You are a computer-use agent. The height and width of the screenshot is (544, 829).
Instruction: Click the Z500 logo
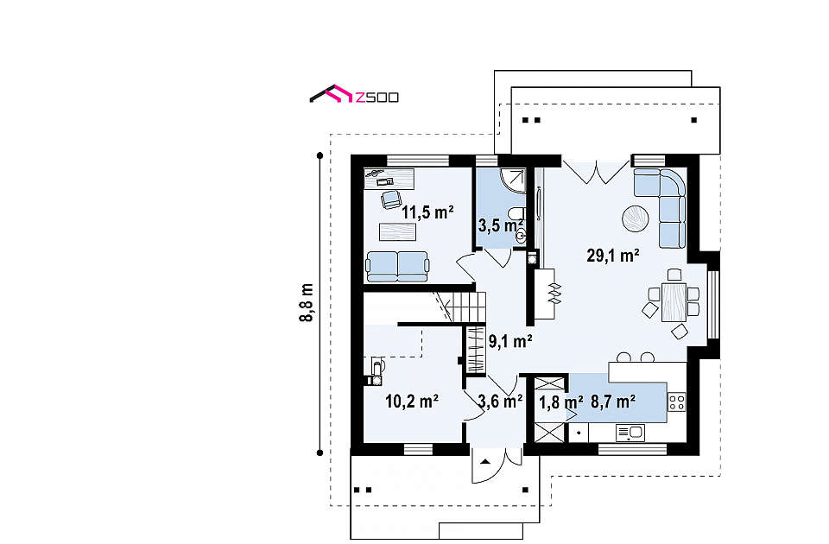(x=354, y=94)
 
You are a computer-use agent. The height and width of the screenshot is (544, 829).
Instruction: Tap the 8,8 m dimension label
(x=306, y=303)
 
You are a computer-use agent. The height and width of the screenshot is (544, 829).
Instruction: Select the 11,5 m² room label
(x=427, y=212)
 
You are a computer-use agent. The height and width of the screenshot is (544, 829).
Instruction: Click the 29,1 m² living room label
(x=613, y=256)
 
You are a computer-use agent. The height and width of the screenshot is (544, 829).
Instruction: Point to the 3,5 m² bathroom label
(x=501, y=225)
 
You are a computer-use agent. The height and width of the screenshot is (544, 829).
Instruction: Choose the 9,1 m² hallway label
(x=509, y=342)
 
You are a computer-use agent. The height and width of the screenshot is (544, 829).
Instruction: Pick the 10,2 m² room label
(x=412, y=402)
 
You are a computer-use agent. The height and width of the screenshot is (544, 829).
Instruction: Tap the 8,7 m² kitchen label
(x=613, y=402)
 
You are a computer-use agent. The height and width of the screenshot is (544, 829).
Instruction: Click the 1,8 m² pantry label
(x=561, y=402)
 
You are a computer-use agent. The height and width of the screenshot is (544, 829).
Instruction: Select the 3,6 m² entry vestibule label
(x=500, y=402)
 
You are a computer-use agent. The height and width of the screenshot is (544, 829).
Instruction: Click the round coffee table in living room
(x=635, y=218)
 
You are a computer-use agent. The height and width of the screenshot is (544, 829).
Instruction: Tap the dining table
(x=674, y=302)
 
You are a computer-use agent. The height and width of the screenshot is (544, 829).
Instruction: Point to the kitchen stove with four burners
(x=677, y=402)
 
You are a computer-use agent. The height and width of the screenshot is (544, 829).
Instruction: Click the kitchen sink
(x=630, y=433)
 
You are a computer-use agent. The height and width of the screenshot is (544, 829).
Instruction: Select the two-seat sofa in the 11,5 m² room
(x=396, y=267)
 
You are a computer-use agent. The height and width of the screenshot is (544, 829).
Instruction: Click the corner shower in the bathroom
(x=513, y=180)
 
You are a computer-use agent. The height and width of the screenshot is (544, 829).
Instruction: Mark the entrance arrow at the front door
(x=484, y=461)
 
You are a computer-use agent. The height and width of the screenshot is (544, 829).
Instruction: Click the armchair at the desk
(x=391, y=199)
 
